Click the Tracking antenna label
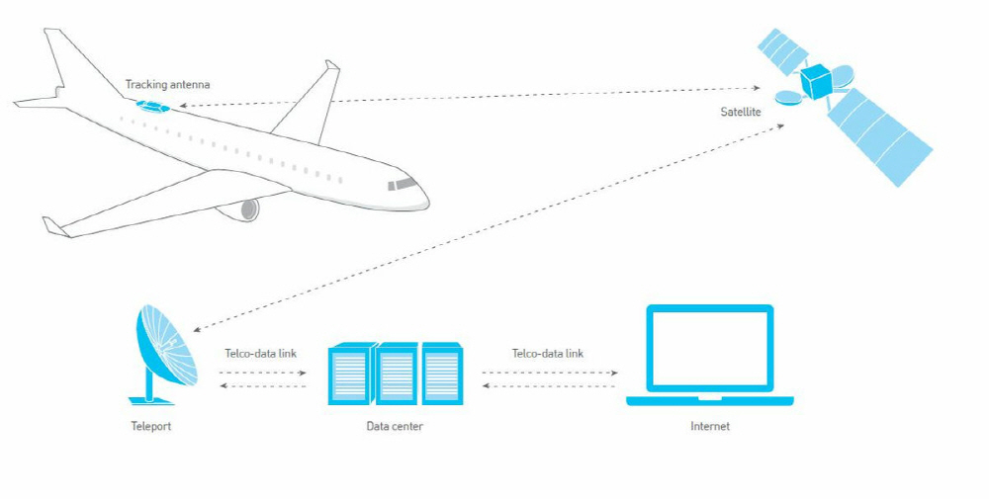click(x=167, y=85)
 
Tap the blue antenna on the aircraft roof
click(x=154, y=104)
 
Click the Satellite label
click(x=741, y=112)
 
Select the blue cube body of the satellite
click(x=817, y=81)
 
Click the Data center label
click(x=394, y=427)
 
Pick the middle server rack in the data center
click(x=396, y=374)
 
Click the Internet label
click(x=710, y=427)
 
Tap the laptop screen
click(x=709, y=348)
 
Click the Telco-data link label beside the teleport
click(x=261, y=353)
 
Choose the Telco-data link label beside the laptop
click(x=548, y=353)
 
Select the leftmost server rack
click(x=349, y=374)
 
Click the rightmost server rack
click(x=442, y=374)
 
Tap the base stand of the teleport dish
click(x=150, y=398)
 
